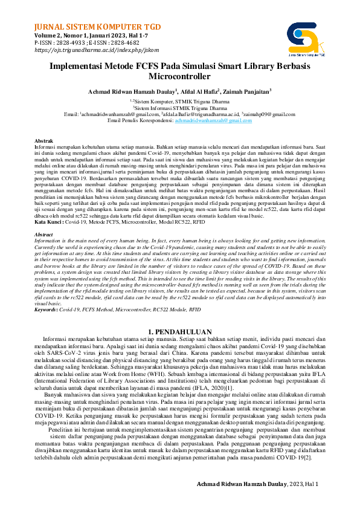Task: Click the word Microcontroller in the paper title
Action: point(179,77)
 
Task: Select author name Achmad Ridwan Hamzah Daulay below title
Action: point(128,91)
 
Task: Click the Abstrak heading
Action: point(43,140)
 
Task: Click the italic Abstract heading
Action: point(43,217)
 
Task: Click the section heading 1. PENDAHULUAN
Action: point(179,332)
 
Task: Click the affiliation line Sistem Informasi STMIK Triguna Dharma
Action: point(180,108)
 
